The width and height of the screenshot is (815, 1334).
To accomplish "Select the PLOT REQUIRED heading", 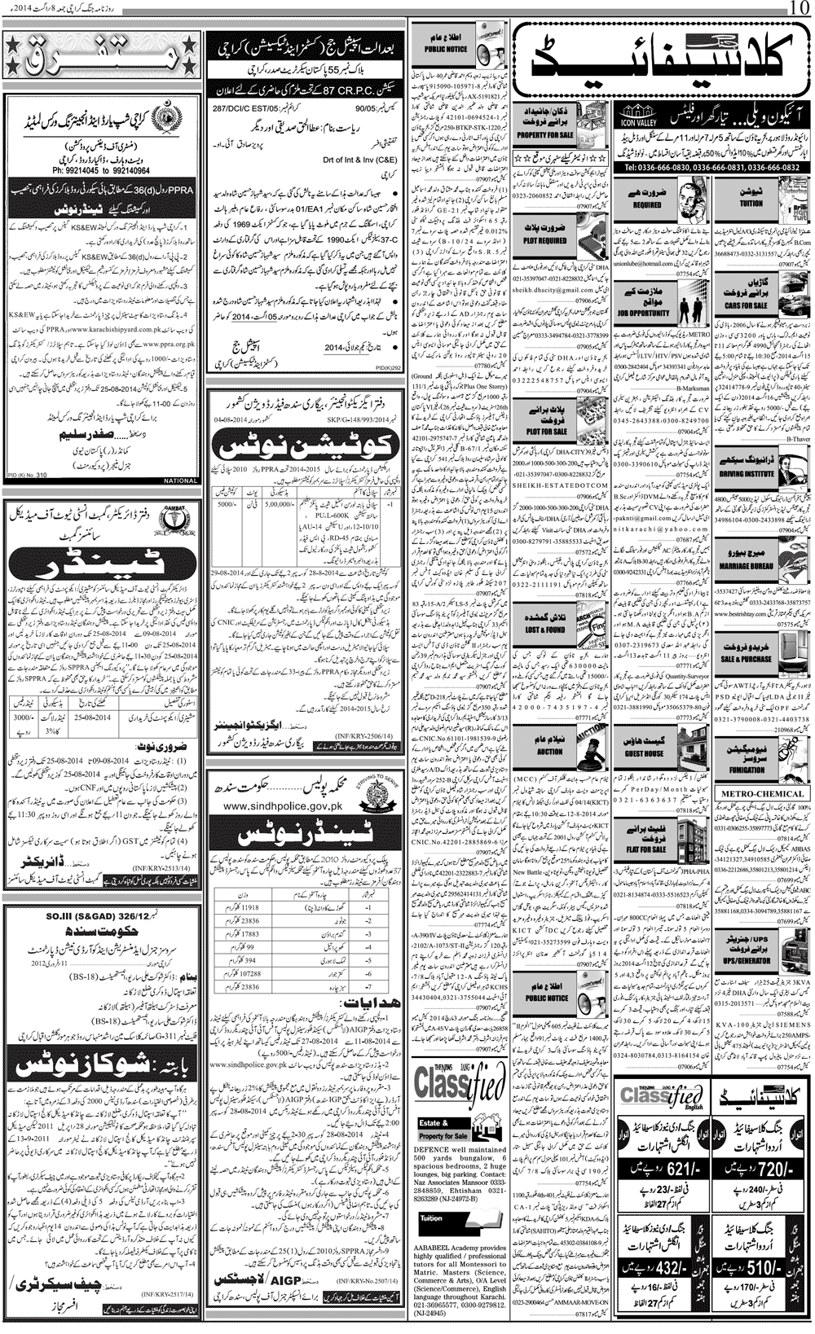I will coord(545,241).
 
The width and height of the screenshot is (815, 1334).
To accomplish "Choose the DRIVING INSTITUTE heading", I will coord(747,473).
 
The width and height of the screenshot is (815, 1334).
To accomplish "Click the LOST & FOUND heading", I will coord(544,630).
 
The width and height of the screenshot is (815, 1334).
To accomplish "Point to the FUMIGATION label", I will coord(747,769).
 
